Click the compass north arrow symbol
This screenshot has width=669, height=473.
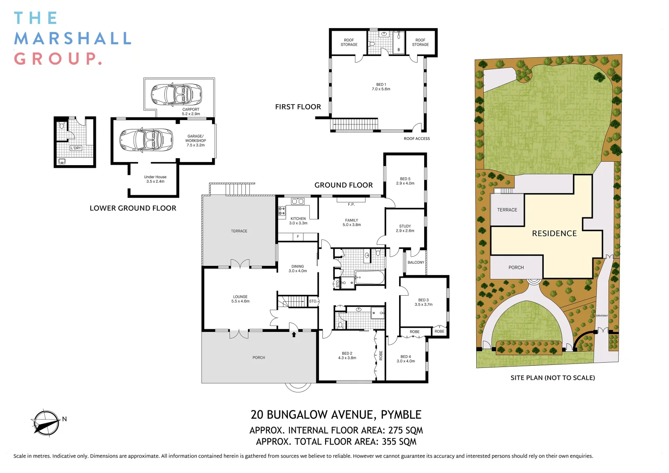click(x=46, y=423)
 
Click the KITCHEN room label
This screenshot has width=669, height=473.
click(x=298, y=219)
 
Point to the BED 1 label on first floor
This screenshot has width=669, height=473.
click(x=381, y=85)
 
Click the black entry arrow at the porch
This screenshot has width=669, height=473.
click(x=294, y=335)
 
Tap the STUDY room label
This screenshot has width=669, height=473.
click(x=405, y=226)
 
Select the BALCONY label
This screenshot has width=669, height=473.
click(x=416, y=262)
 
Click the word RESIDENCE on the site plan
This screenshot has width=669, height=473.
click(x=554, y=233)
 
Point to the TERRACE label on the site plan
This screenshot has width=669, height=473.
click(x=507, y=210)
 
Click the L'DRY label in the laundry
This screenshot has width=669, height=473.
click(x=76, y=148)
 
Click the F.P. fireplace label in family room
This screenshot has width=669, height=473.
click(x=351, y=205)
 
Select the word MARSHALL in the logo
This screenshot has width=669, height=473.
click(x=73, y=39)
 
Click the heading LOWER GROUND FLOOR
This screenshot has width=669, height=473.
click(x=133, y=208)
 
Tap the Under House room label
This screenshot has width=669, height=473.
click(x=155, y=177)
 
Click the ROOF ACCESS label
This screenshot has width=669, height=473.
click(x=417, y=138)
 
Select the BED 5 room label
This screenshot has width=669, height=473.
click(x=405, y=179)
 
